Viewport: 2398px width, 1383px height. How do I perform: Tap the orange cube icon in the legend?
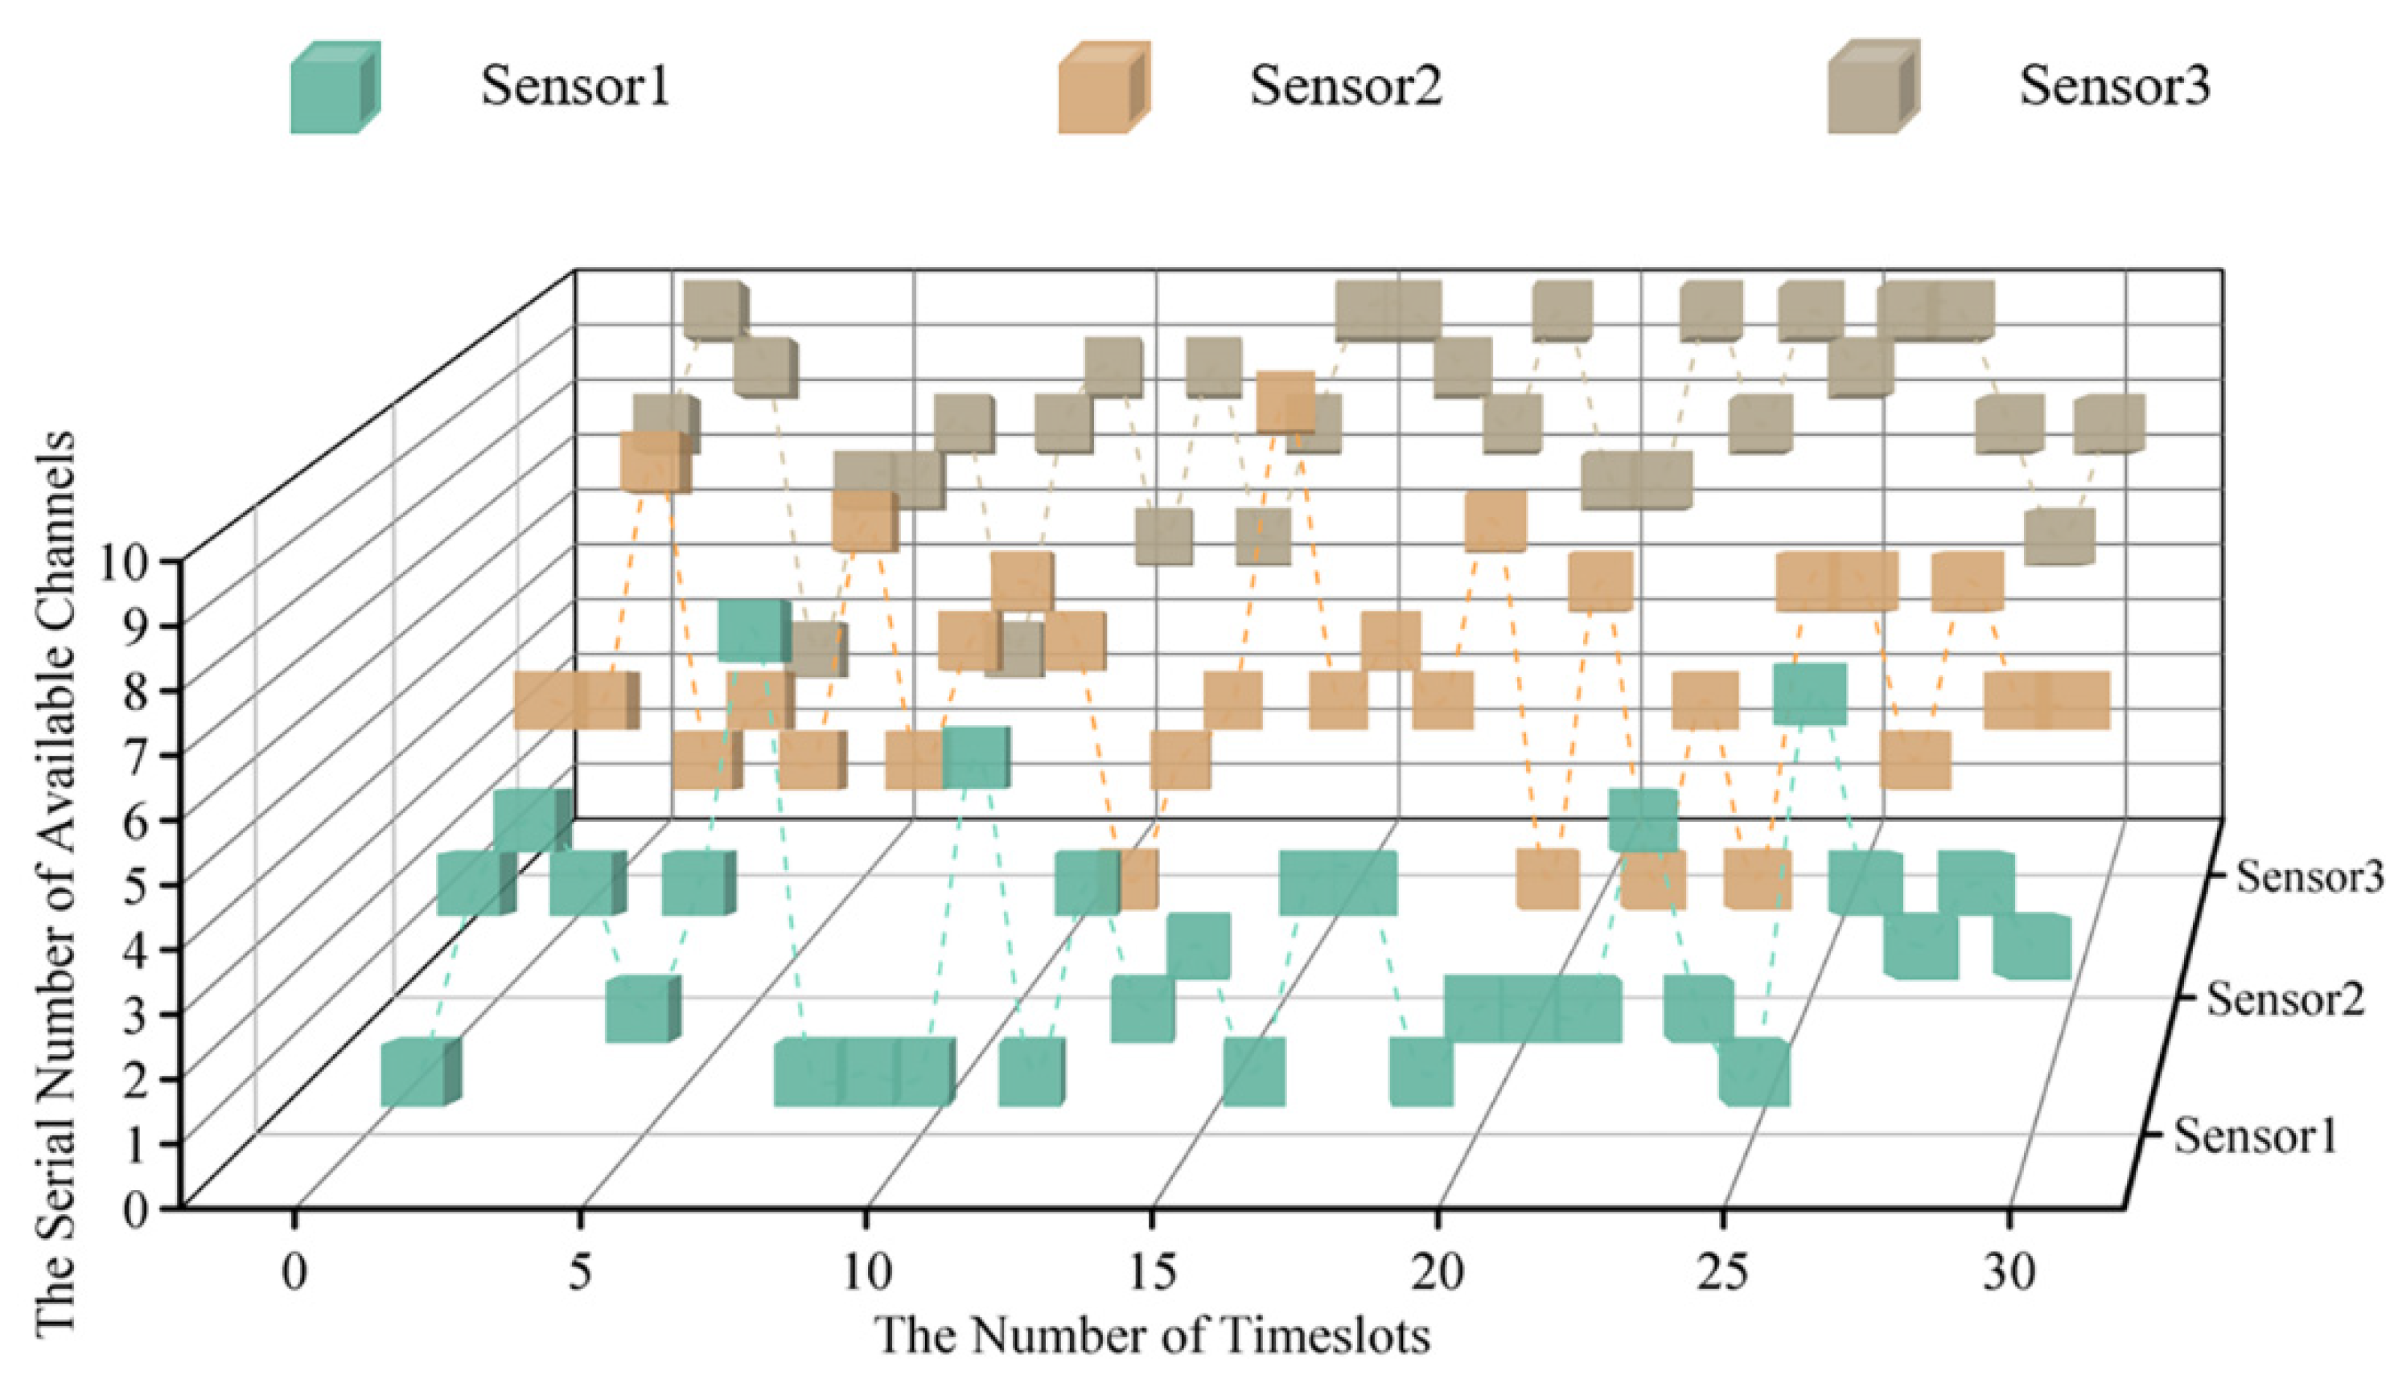point(1103,88)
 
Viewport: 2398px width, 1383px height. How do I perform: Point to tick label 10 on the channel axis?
point(124,564)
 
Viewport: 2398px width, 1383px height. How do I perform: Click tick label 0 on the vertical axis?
point(136,1210)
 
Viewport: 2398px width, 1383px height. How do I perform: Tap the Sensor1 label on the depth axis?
point(2256,1136)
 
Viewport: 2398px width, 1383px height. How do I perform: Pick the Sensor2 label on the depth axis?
point(2285,999)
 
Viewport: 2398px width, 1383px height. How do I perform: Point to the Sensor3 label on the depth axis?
point(2310,876)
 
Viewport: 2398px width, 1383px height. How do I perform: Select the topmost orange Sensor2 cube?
point(1285,401)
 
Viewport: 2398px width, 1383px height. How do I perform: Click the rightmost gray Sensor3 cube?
point(2108,424)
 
